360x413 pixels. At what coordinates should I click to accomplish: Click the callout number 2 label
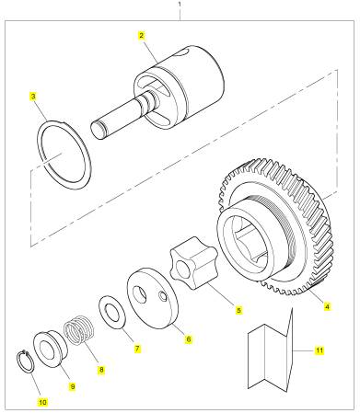tap(141, 36)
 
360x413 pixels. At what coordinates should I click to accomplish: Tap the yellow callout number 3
tap(33, 97)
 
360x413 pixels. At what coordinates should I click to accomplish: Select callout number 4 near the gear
tap(327, 306)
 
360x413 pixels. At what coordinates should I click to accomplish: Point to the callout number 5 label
tap(239, 310)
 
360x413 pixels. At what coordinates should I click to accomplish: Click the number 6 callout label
tap(189, 339)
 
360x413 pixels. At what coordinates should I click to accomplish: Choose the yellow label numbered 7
tap(137, 349)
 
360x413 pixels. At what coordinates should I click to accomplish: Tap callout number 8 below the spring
tap(101, 370)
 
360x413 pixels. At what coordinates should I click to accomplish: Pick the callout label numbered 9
tap(73, 386)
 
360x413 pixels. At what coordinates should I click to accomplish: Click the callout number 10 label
tap(42, 402)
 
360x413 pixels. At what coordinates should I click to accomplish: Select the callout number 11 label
tap(319, 350)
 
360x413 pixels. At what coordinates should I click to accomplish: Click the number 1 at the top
tap(180, 4)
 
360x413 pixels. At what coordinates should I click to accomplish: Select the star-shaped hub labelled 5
tap(194, 263)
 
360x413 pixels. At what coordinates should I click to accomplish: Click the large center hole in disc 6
tap(140, 294)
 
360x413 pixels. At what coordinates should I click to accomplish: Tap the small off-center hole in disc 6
tap(162, 296)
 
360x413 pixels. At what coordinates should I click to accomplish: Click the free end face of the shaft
tap(98, 131)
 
